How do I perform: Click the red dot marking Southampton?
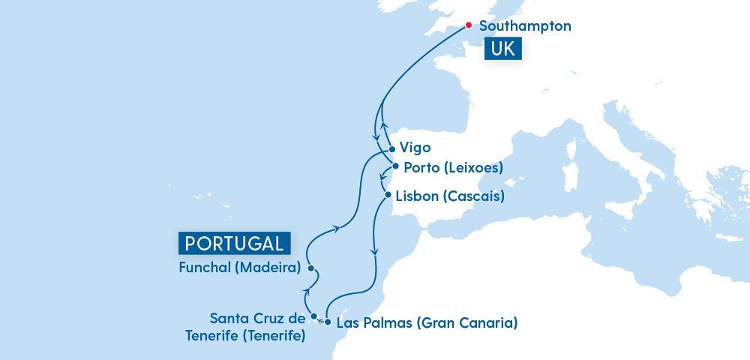(x=469, y=25)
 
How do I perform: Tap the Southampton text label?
(x=525, y=26)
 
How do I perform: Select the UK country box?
(x=503, y=50)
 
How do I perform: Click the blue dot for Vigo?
(x=391, y=148)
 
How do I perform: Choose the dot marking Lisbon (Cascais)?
(x=388, y=196)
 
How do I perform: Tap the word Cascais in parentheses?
(x=473, y=196)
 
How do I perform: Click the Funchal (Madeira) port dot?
(x=310, y=268)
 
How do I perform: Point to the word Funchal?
(x=207, y=268)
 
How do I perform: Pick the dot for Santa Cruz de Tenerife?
(x=314, y=316)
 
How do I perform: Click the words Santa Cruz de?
(x=258, y=318)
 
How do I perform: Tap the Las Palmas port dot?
(x=328, y=322)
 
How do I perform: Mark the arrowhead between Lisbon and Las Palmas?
(x=374, y=253)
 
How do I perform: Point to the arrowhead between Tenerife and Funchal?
(x=306, y=290)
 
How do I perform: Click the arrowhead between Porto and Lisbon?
(x=383, y=181)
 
